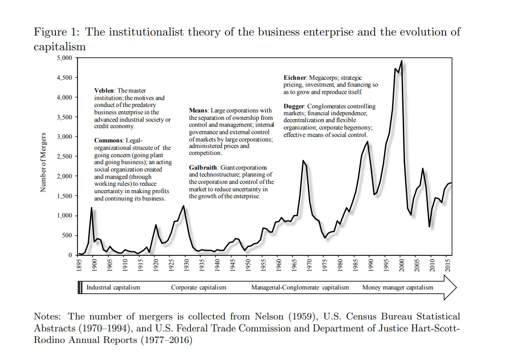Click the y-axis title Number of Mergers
43,162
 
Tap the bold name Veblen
104,91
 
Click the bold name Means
198,111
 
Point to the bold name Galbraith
203,167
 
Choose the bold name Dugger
294,106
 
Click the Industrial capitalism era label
113,288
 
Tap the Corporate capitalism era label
199,288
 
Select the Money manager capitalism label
398,288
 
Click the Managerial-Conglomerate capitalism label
300,288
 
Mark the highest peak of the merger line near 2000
401,61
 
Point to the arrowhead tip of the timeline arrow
456,288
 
